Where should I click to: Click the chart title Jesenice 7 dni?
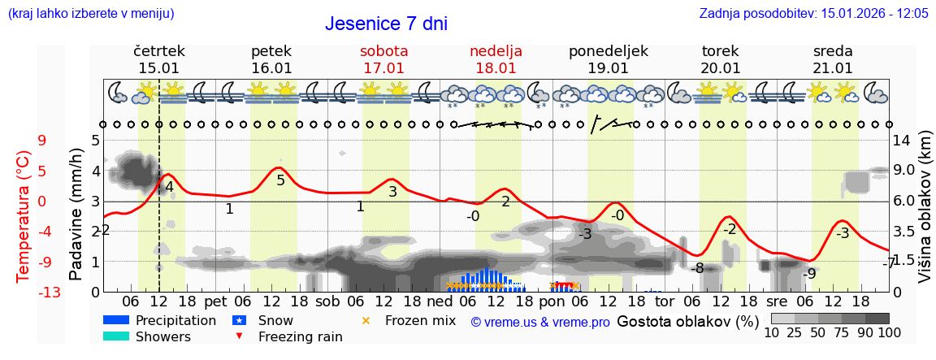tap(386, 24)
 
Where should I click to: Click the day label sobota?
tap(383, 50)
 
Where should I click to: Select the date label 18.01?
tap(496, 68)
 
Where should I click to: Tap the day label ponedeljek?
tap(608, 50)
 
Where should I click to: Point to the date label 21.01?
tap(833, 68)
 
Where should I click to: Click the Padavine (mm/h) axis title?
tap(76, 215)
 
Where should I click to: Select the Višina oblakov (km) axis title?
tap(925, 215)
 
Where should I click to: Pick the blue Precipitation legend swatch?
tap(116, 320)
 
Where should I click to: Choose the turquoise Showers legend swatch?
tap(116, 336)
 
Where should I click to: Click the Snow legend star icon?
tap(240, 320)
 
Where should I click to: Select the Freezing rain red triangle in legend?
tap(239, 336)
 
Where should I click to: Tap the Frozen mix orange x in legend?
tap(366, 320)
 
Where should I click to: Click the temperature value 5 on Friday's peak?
tap(280, 180)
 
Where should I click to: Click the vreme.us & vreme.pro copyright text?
tap(540, 322)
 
